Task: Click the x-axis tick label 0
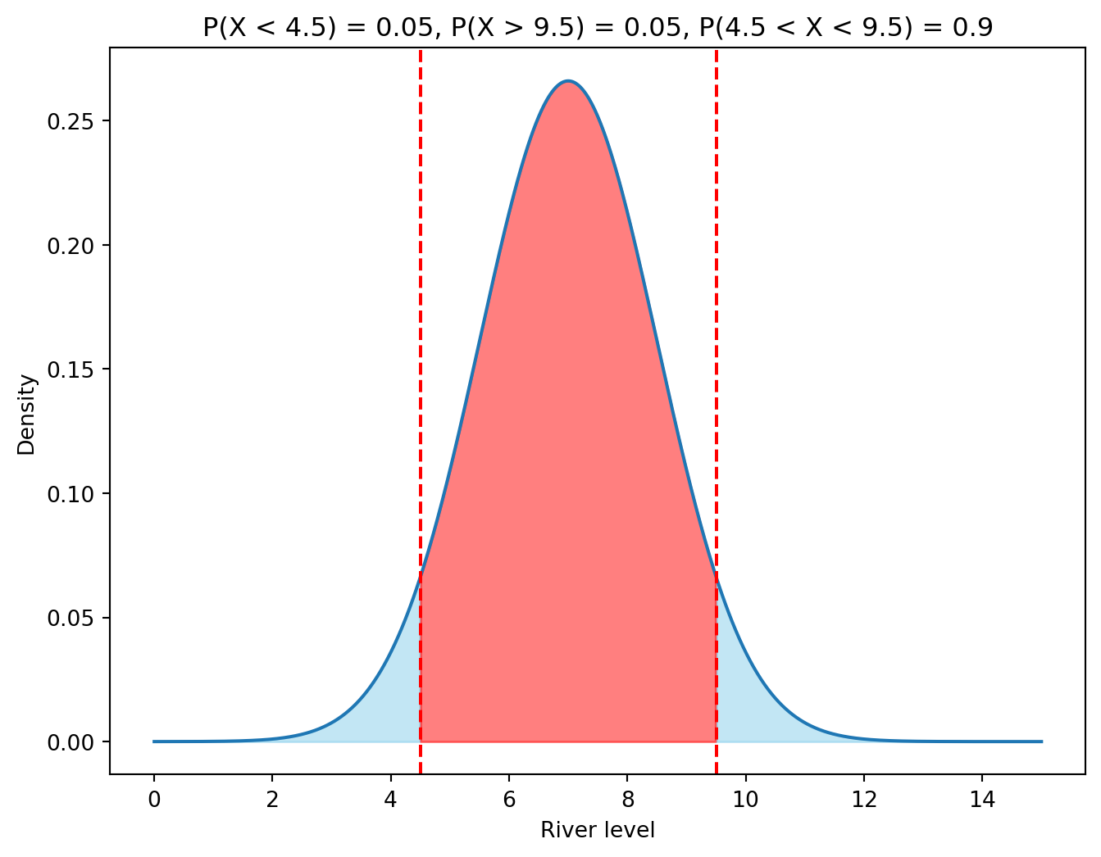[x=153, y=799]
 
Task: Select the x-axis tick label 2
[x=272, y=799]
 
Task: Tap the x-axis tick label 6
[x=509, y=799]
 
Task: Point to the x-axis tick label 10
[x=745, y=799]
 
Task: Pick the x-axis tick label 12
[x=864, y=799]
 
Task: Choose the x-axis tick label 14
[x=982, y=799]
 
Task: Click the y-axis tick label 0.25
[x=70, y=121]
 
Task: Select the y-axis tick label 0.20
[x=70, y=246]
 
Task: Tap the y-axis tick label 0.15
[x=70, y=370]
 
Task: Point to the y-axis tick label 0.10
[x=70, y=494]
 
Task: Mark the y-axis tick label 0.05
[x=70, y=618]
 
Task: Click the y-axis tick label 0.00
[x=70, y=742]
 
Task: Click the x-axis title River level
[x=598, y=831]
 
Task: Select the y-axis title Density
[x=27, y=415]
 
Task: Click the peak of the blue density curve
[x=568, y=81]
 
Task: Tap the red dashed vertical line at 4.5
[x=421, y=328]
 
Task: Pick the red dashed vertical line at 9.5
[x=717, y=328]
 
